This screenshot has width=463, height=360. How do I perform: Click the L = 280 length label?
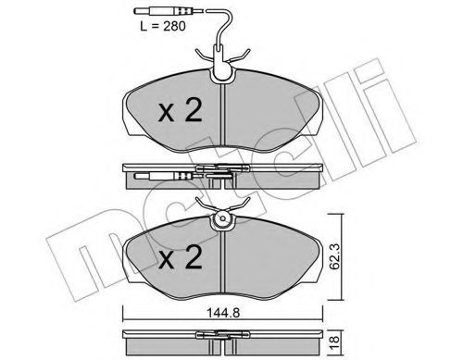tap(163, 27)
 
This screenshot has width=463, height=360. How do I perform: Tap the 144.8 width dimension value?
tap(223, 313)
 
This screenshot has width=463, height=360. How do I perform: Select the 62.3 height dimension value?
tap(334, 256)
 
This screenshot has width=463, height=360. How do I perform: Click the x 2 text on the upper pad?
tap(181, 110)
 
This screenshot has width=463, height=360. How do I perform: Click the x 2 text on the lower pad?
tap(181, 257)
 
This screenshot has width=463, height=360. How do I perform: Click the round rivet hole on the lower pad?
tap(222, 218)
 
